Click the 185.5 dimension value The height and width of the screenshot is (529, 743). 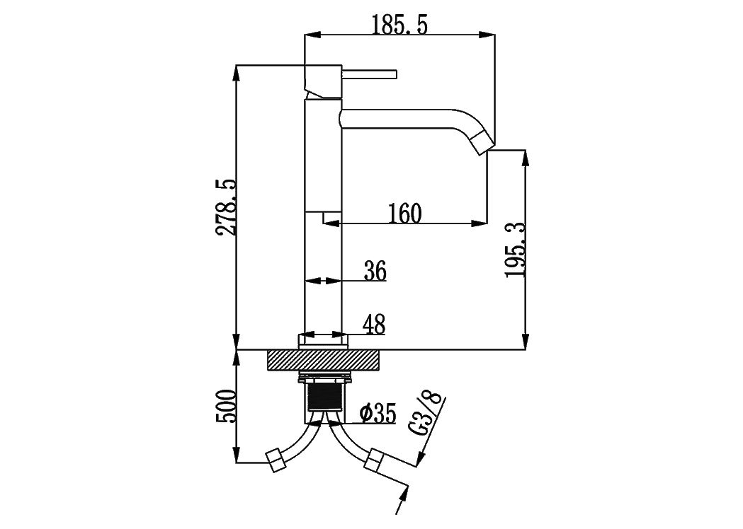(x=399, y=25)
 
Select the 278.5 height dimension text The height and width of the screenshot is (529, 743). (x=225, y=207)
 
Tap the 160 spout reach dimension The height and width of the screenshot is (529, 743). (x=404, y=214)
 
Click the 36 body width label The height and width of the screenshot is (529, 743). (x=375, y=271)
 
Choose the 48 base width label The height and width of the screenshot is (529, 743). (x=374, y=325)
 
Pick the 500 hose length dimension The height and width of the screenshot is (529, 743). (x=225, y=406)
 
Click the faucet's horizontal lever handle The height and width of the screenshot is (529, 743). (x=368, y=75)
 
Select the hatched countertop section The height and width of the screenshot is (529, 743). (x=324, y=360)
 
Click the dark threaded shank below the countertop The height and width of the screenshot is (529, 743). (x=324, y=397)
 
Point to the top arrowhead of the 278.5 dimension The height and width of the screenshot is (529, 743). (x=236, y=73)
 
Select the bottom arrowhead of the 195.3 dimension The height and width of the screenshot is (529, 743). (x=525, y=341)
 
